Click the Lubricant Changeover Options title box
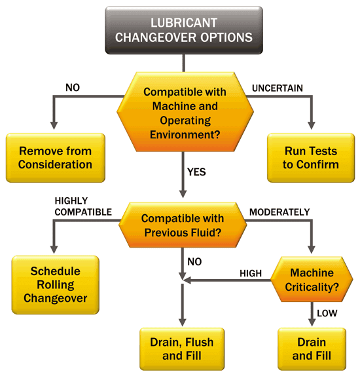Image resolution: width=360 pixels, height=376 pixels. click(183, 30)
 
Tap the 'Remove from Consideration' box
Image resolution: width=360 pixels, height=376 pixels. click(55, 157)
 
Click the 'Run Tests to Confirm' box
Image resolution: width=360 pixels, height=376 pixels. click(311, 157)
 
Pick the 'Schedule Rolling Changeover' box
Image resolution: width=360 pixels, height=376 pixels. click(55, 284)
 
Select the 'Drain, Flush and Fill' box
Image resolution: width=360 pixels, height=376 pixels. click(177, 349)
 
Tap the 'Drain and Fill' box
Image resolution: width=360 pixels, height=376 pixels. click(311, 349)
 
